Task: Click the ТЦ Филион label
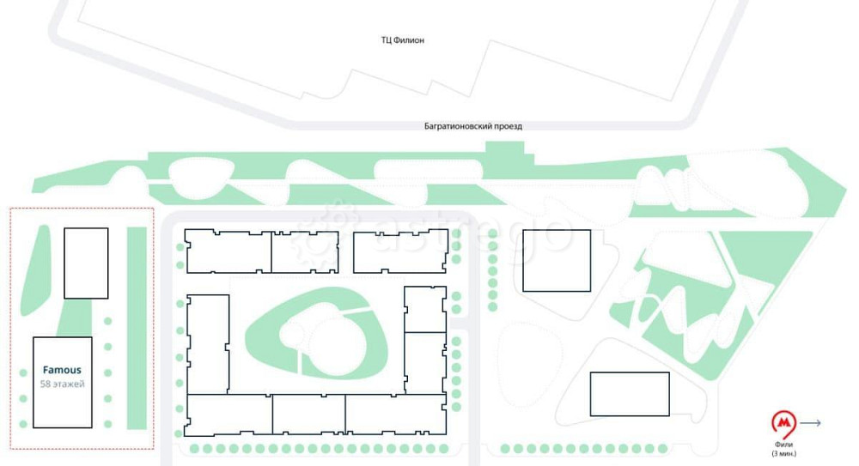point(403,40)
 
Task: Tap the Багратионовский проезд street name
point(473,126)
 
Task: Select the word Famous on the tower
point(62,370)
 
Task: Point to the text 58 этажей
point(62,384)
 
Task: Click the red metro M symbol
point(784,424)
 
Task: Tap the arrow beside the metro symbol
point(810,423)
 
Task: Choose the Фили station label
point(784,445)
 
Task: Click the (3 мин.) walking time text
point(784,453)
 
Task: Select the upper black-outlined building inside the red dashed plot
point(86,263)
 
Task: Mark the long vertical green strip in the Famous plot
point(137,328)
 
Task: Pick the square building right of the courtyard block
point(557,261)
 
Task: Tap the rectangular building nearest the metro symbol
point(630,394)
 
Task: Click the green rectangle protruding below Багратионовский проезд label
point(504,150)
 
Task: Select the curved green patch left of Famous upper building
point(35,270)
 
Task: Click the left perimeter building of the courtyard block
point(208,344)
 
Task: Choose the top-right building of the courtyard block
point(400,252)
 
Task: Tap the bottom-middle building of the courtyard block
point(308,414)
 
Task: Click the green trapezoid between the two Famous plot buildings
point(75,318)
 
